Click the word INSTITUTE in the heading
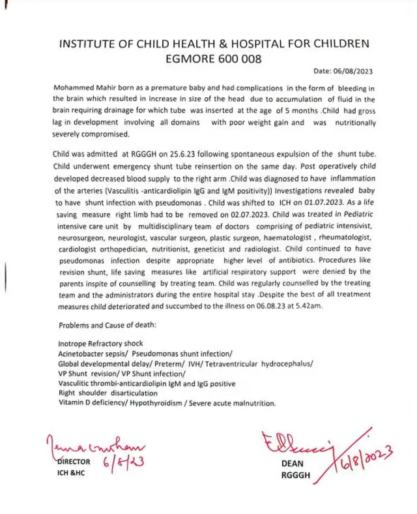[x=86, y=44]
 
